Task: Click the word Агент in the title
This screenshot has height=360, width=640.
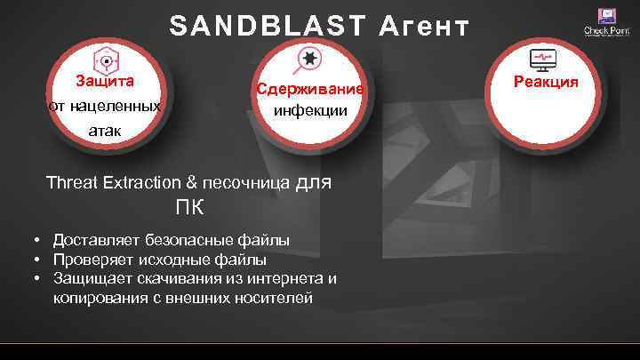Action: (422, 28)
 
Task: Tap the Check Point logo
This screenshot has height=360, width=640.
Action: (605, 22)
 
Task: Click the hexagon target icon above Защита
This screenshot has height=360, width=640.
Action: (105, 60)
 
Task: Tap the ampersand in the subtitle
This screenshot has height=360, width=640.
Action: (191, 184)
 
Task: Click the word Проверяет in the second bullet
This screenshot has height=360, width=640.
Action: (94, 260)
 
